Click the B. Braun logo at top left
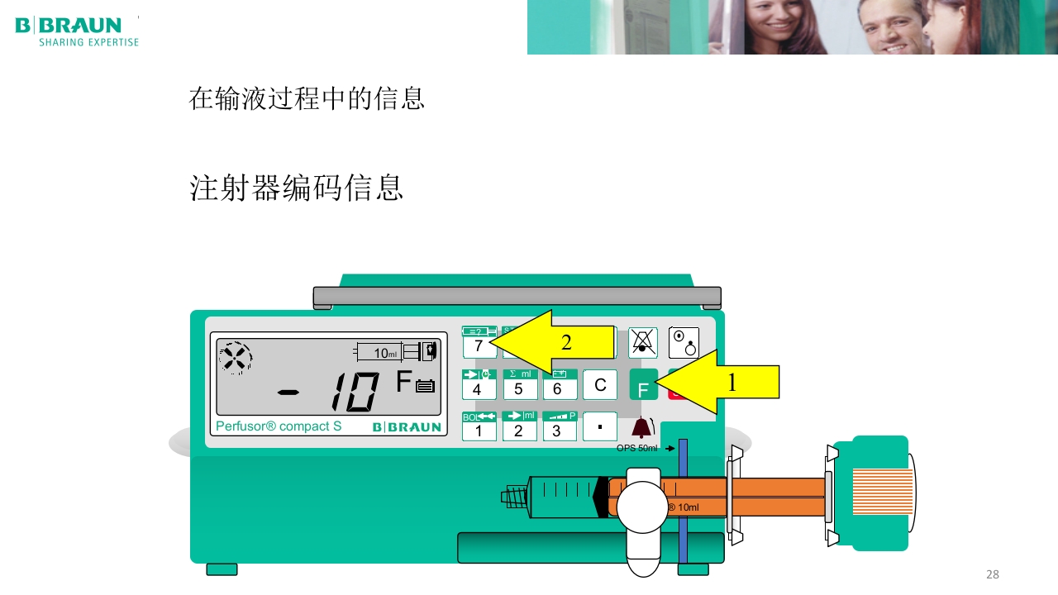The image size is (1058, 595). tap(77, 31)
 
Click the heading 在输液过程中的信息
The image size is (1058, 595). tap(307, 99)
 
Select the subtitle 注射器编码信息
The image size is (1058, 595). tap(297, 188)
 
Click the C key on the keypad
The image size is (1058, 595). tap(600, 385)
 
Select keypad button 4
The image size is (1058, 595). tap(478, 385)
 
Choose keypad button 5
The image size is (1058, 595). tap(519, 385)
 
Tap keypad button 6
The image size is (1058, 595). tap(559, 385)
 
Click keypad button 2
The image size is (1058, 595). tap(519, 426)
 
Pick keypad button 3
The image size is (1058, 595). tap(559, 426)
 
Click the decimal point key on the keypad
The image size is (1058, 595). tap(600, 426)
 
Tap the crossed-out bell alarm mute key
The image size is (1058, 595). tap(642, 342)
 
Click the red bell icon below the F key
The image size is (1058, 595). tap(641, 427)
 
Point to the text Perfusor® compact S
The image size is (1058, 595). tap(279, 426)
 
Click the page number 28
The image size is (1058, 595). tap(993, 574)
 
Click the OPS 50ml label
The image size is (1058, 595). tap(637, 448)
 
